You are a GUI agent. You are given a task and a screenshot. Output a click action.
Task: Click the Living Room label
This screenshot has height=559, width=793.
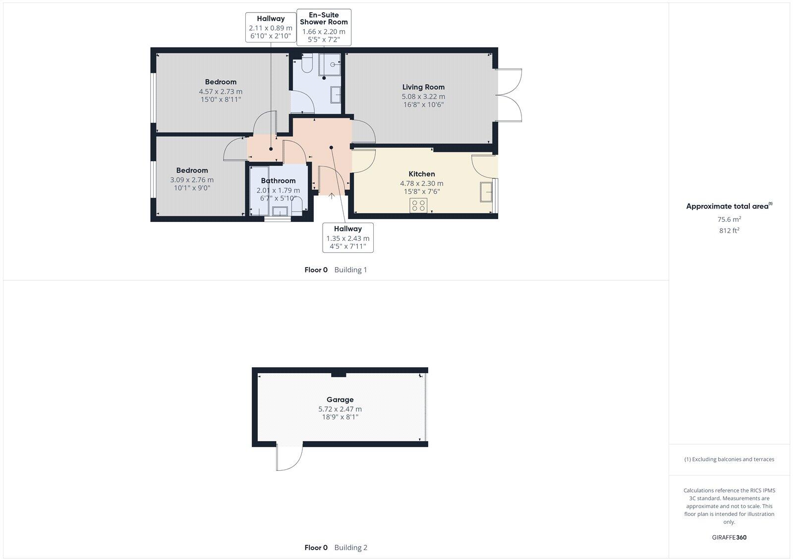coord(423,87)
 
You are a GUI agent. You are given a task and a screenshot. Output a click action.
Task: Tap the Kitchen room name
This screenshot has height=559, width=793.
coord(422,174)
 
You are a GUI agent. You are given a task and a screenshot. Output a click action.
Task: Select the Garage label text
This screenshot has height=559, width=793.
coord(340,399)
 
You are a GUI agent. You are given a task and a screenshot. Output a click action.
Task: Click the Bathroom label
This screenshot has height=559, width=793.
coord(278,181)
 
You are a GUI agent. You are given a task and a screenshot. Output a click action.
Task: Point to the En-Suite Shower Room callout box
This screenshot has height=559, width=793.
coord(324,27)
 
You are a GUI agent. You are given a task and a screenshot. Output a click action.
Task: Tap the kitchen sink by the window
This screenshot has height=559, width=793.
coord(486,192)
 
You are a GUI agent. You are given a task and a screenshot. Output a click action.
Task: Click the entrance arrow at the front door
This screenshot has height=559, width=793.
coord(332,196)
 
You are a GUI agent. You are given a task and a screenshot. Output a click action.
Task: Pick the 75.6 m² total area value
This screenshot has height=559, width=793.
coord(729,219)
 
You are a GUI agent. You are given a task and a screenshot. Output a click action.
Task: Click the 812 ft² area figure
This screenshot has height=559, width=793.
coord(729,230)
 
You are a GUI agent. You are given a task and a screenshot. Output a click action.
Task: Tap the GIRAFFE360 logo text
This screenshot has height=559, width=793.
coord(729,537)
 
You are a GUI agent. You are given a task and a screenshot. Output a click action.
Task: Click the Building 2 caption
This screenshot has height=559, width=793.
coord(350,548)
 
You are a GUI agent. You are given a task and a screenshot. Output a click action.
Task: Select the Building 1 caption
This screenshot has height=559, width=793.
coord(350,270)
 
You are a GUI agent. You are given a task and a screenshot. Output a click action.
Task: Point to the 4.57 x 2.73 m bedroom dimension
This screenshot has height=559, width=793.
coord(221,92)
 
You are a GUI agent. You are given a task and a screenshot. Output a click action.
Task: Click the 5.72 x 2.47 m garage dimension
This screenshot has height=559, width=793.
coord(340,409)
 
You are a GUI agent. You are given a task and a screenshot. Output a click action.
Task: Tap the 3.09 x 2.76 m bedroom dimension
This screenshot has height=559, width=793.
coord(192,180)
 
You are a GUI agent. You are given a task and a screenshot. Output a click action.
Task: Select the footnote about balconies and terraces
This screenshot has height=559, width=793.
coord(729,459)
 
